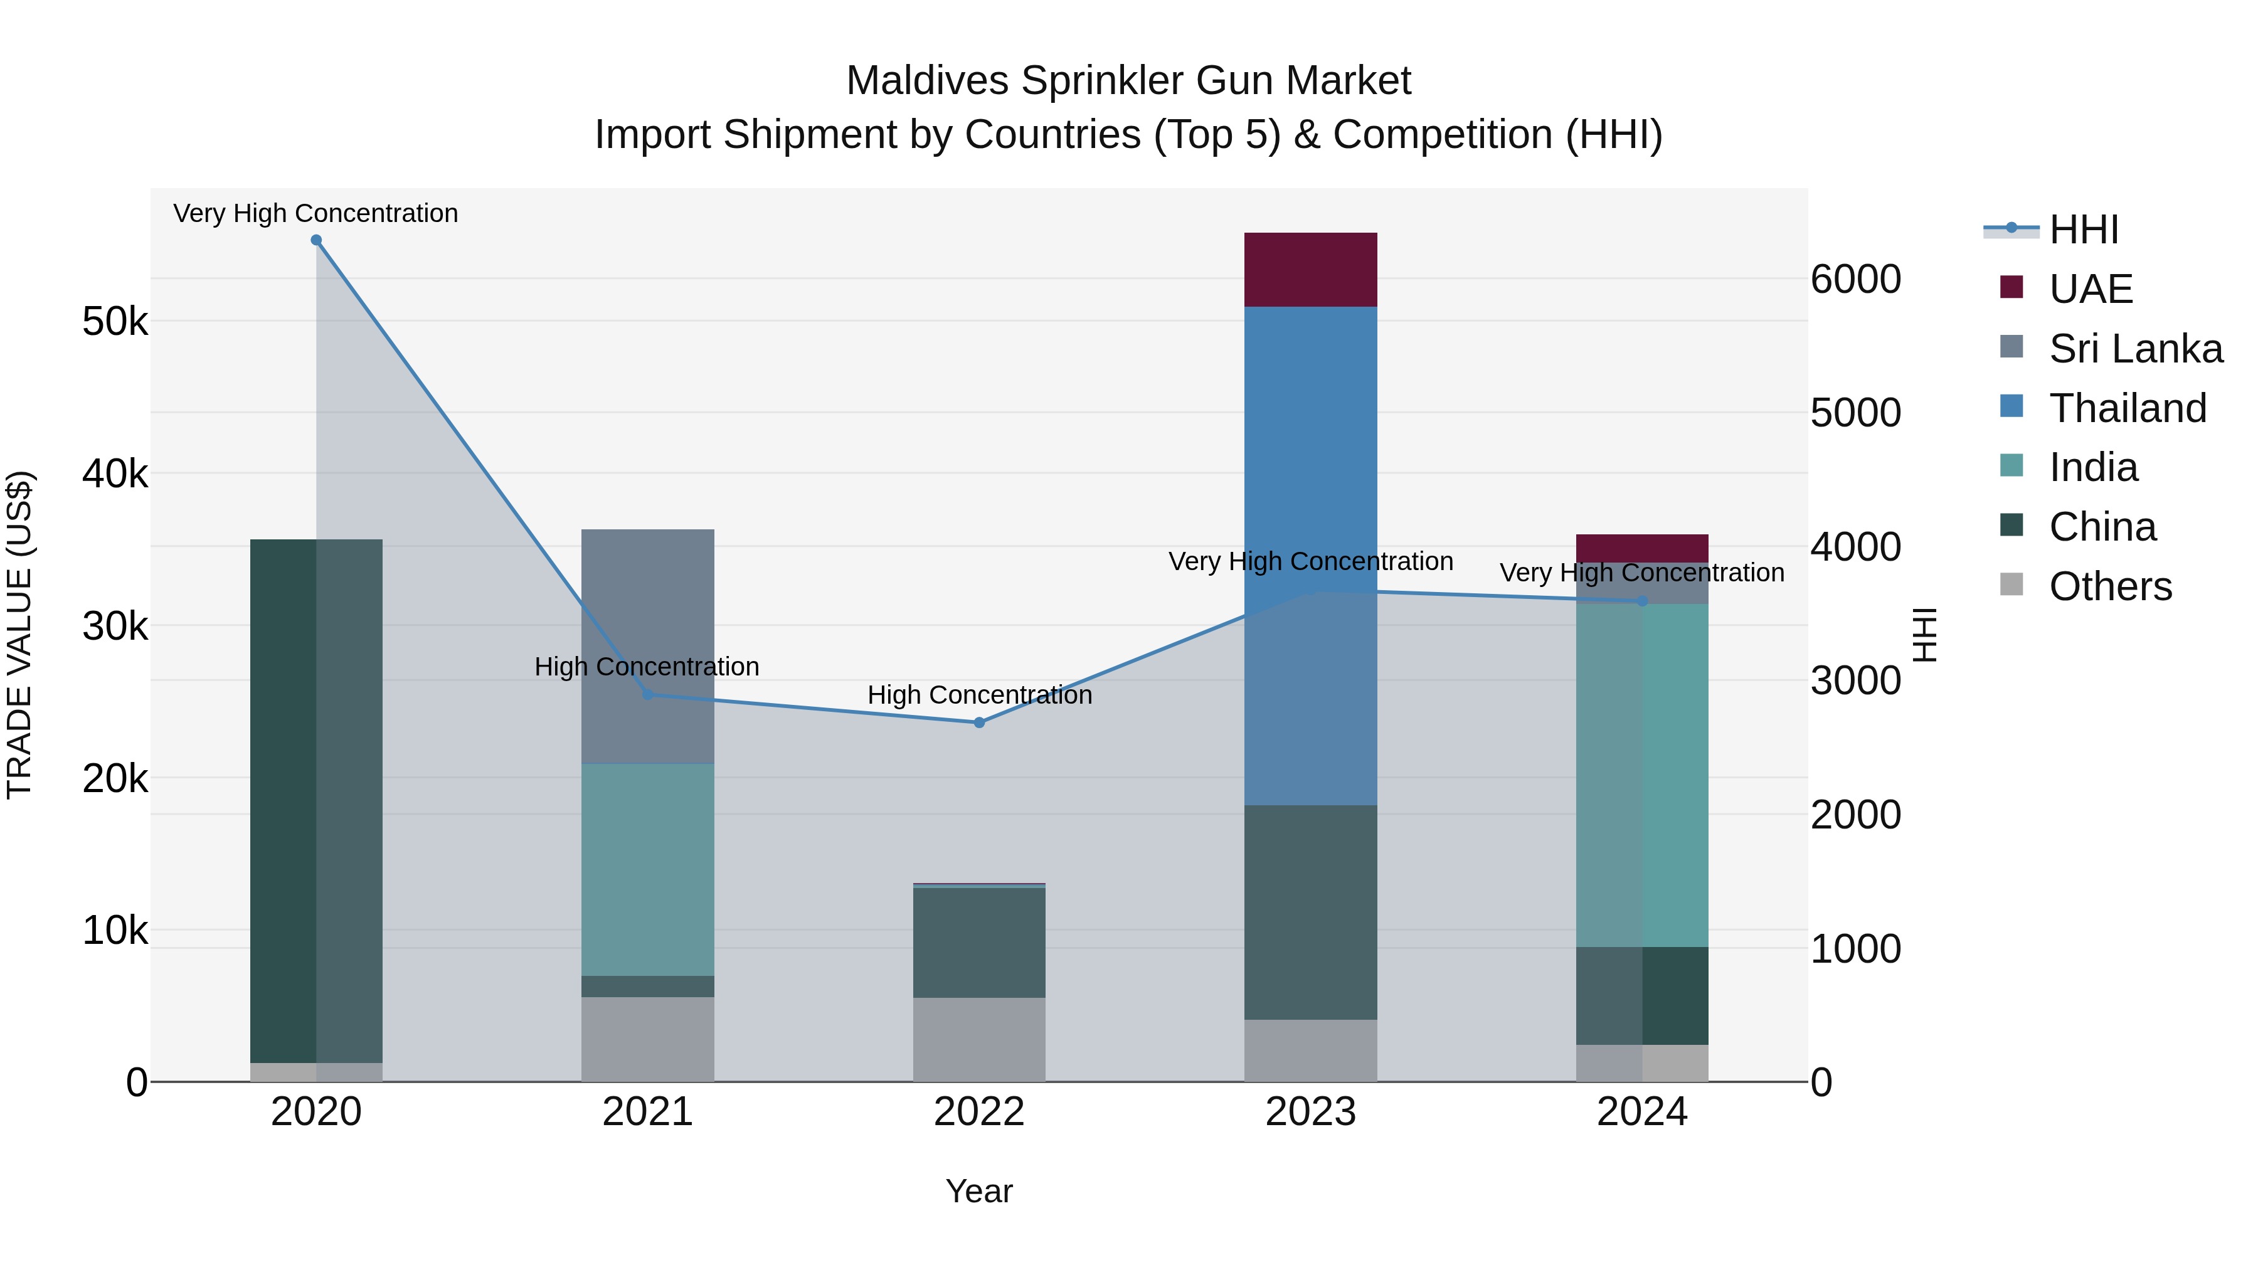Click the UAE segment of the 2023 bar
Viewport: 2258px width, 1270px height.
[1310, 269]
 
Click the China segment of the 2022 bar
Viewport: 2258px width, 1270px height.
[979, 942]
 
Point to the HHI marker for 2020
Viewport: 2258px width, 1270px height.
[317, 240]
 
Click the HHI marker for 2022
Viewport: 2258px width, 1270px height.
[979, 722]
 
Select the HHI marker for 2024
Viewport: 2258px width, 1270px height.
[1642, 601]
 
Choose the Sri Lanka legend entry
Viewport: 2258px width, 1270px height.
[2135, 349]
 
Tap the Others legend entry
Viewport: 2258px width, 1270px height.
[2110, 586]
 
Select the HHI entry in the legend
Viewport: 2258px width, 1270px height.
[2084, 230]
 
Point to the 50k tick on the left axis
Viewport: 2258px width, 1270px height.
[115, 322]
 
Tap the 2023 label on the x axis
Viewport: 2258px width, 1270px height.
[1310, 1112]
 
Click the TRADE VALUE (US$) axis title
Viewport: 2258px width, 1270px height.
[19, 635]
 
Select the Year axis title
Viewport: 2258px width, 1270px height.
[979, 1191]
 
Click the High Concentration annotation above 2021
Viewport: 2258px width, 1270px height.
[647, 667]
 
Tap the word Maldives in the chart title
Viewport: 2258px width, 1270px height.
[928, 81]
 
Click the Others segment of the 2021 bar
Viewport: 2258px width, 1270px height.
[648, 1039]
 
